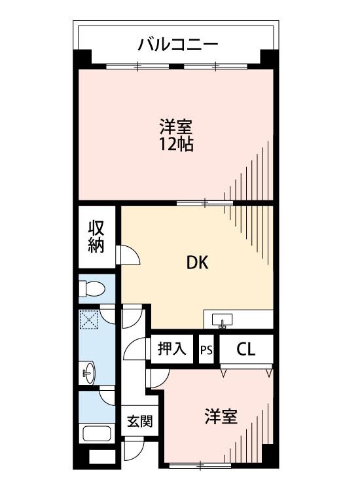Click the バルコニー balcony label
[x=177, y=45]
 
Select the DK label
[x=197, y=263]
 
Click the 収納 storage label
[x=97, y=237]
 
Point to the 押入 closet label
[x=172, y=348]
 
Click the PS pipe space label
[x=207, y=349]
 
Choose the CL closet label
[x=245, y=349]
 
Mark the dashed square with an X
[x=88, y=320]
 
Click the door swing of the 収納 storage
[x=128, y=255]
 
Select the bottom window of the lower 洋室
[x=199, y=465]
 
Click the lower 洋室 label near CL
[x=220, y=416]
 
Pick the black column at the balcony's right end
[x=267, y=57]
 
